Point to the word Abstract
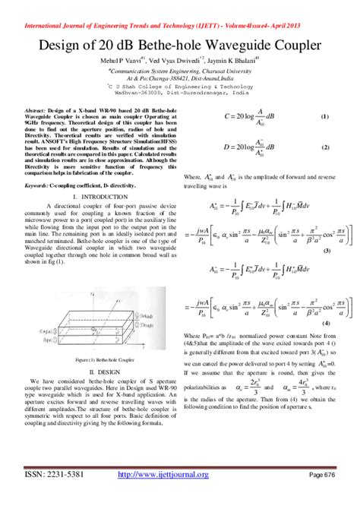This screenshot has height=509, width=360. click(x=37, y=111)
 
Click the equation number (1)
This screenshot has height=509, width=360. click(x=324, y=118)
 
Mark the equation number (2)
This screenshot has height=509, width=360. click(x=324, y=146)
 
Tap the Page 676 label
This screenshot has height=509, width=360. click(x=322, y=496)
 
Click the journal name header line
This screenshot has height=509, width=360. click(x=179, y=6)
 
